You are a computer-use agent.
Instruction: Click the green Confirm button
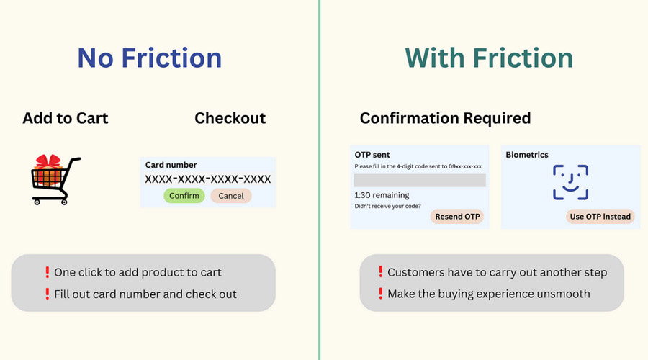184,196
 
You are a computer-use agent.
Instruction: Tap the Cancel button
231,196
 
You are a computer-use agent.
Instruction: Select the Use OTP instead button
600,217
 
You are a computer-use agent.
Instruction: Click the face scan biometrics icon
571,182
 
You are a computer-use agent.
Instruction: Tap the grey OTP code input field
420,180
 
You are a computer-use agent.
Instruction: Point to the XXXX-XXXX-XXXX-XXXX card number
208,179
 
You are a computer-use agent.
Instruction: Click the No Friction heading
150,58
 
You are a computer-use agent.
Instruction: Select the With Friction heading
489,58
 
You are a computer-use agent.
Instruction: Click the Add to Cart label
66,118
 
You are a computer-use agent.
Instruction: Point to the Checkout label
230,118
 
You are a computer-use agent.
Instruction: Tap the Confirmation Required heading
445,118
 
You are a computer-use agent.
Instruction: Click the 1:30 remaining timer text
382,195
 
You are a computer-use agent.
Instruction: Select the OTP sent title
372,155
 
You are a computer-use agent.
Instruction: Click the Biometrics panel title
527,155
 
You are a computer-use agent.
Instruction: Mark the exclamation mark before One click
47,272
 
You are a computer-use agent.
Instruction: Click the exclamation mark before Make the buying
381,294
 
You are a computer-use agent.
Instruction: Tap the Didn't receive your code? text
387,206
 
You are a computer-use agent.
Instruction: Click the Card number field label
171,165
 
